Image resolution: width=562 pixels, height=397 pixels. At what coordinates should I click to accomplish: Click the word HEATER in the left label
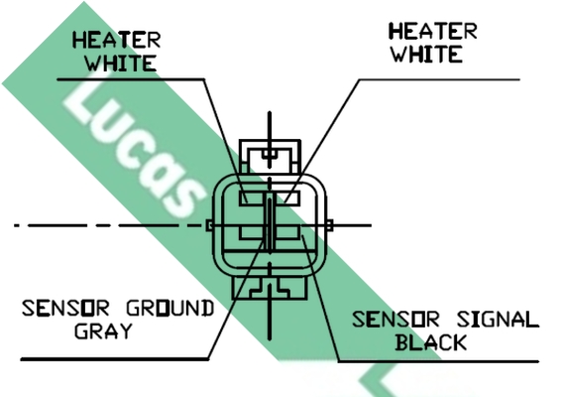[117, 40]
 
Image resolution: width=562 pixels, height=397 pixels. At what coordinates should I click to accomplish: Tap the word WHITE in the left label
[121, 64]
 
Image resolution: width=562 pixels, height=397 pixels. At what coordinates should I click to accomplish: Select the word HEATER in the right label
[433, 31]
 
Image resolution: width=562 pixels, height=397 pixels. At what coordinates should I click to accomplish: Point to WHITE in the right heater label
[426, 55]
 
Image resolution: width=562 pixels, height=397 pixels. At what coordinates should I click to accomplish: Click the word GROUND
[170, 309]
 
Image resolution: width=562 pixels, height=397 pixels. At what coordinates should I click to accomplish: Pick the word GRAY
[104, 331]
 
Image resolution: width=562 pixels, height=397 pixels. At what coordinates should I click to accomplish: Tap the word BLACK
[431, 342]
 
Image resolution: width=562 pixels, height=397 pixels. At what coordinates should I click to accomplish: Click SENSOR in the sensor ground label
[65, 309]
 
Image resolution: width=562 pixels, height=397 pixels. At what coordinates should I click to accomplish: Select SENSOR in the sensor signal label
[395, 320]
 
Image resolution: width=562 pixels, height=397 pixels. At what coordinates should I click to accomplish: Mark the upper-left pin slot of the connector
[251, 198]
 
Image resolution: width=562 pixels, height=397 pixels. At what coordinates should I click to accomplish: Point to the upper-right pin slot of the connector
[287, 198]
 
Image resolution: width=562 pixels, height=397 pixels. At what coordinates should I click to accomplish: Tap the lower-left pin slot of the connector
[252, 232]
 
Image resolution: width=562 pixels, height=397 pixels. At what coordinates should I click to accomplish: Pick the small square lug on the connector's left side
[209, 225]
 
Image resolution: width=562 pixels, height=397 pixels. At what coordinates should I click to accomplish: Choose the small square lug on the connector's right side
[330, 225]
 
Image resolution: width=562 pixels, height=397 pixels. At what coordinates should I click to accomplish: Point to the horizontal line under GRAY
[115, 358]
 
